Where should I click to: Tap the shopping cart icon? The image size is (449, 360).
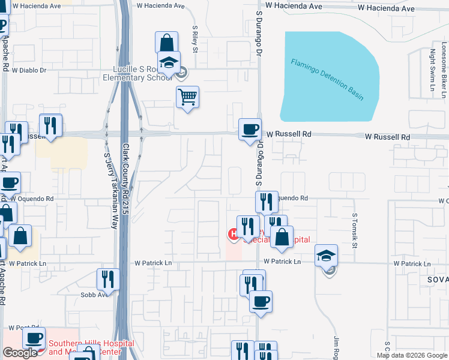187,96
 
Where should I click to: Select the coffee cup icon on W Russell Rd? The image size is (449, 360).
250,129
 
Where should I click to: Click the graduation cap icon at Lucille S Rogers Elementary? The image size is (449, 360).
169,62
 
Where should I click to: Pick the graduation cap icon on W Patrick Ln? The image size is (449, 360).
327,256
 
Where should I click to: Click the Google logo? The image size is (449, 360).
20,353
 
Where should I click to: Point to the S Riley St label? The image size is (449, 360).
195,39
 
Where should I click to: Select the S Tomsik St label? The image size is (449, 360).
355,229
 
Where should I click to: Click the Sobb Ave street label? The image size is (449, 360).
94,295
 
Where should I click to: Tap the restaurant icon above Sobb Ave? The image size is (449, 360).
108,278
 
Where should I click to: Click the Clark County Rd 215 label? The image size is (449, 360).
126,179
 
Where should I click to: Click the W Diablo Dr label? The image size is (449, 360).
26,70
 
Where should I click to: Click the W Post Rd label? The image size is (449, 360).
24,328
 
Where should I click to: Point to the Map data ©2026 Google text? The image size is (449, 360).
412,355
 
